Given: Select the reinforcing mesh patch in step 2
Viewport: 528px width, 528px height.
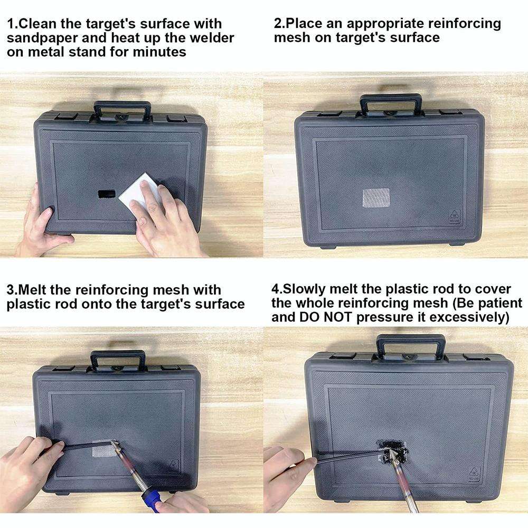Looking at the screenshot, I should [375, 198].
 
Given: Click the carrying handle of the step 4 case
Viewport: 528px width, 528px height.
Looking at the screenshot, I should [410, 343].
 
